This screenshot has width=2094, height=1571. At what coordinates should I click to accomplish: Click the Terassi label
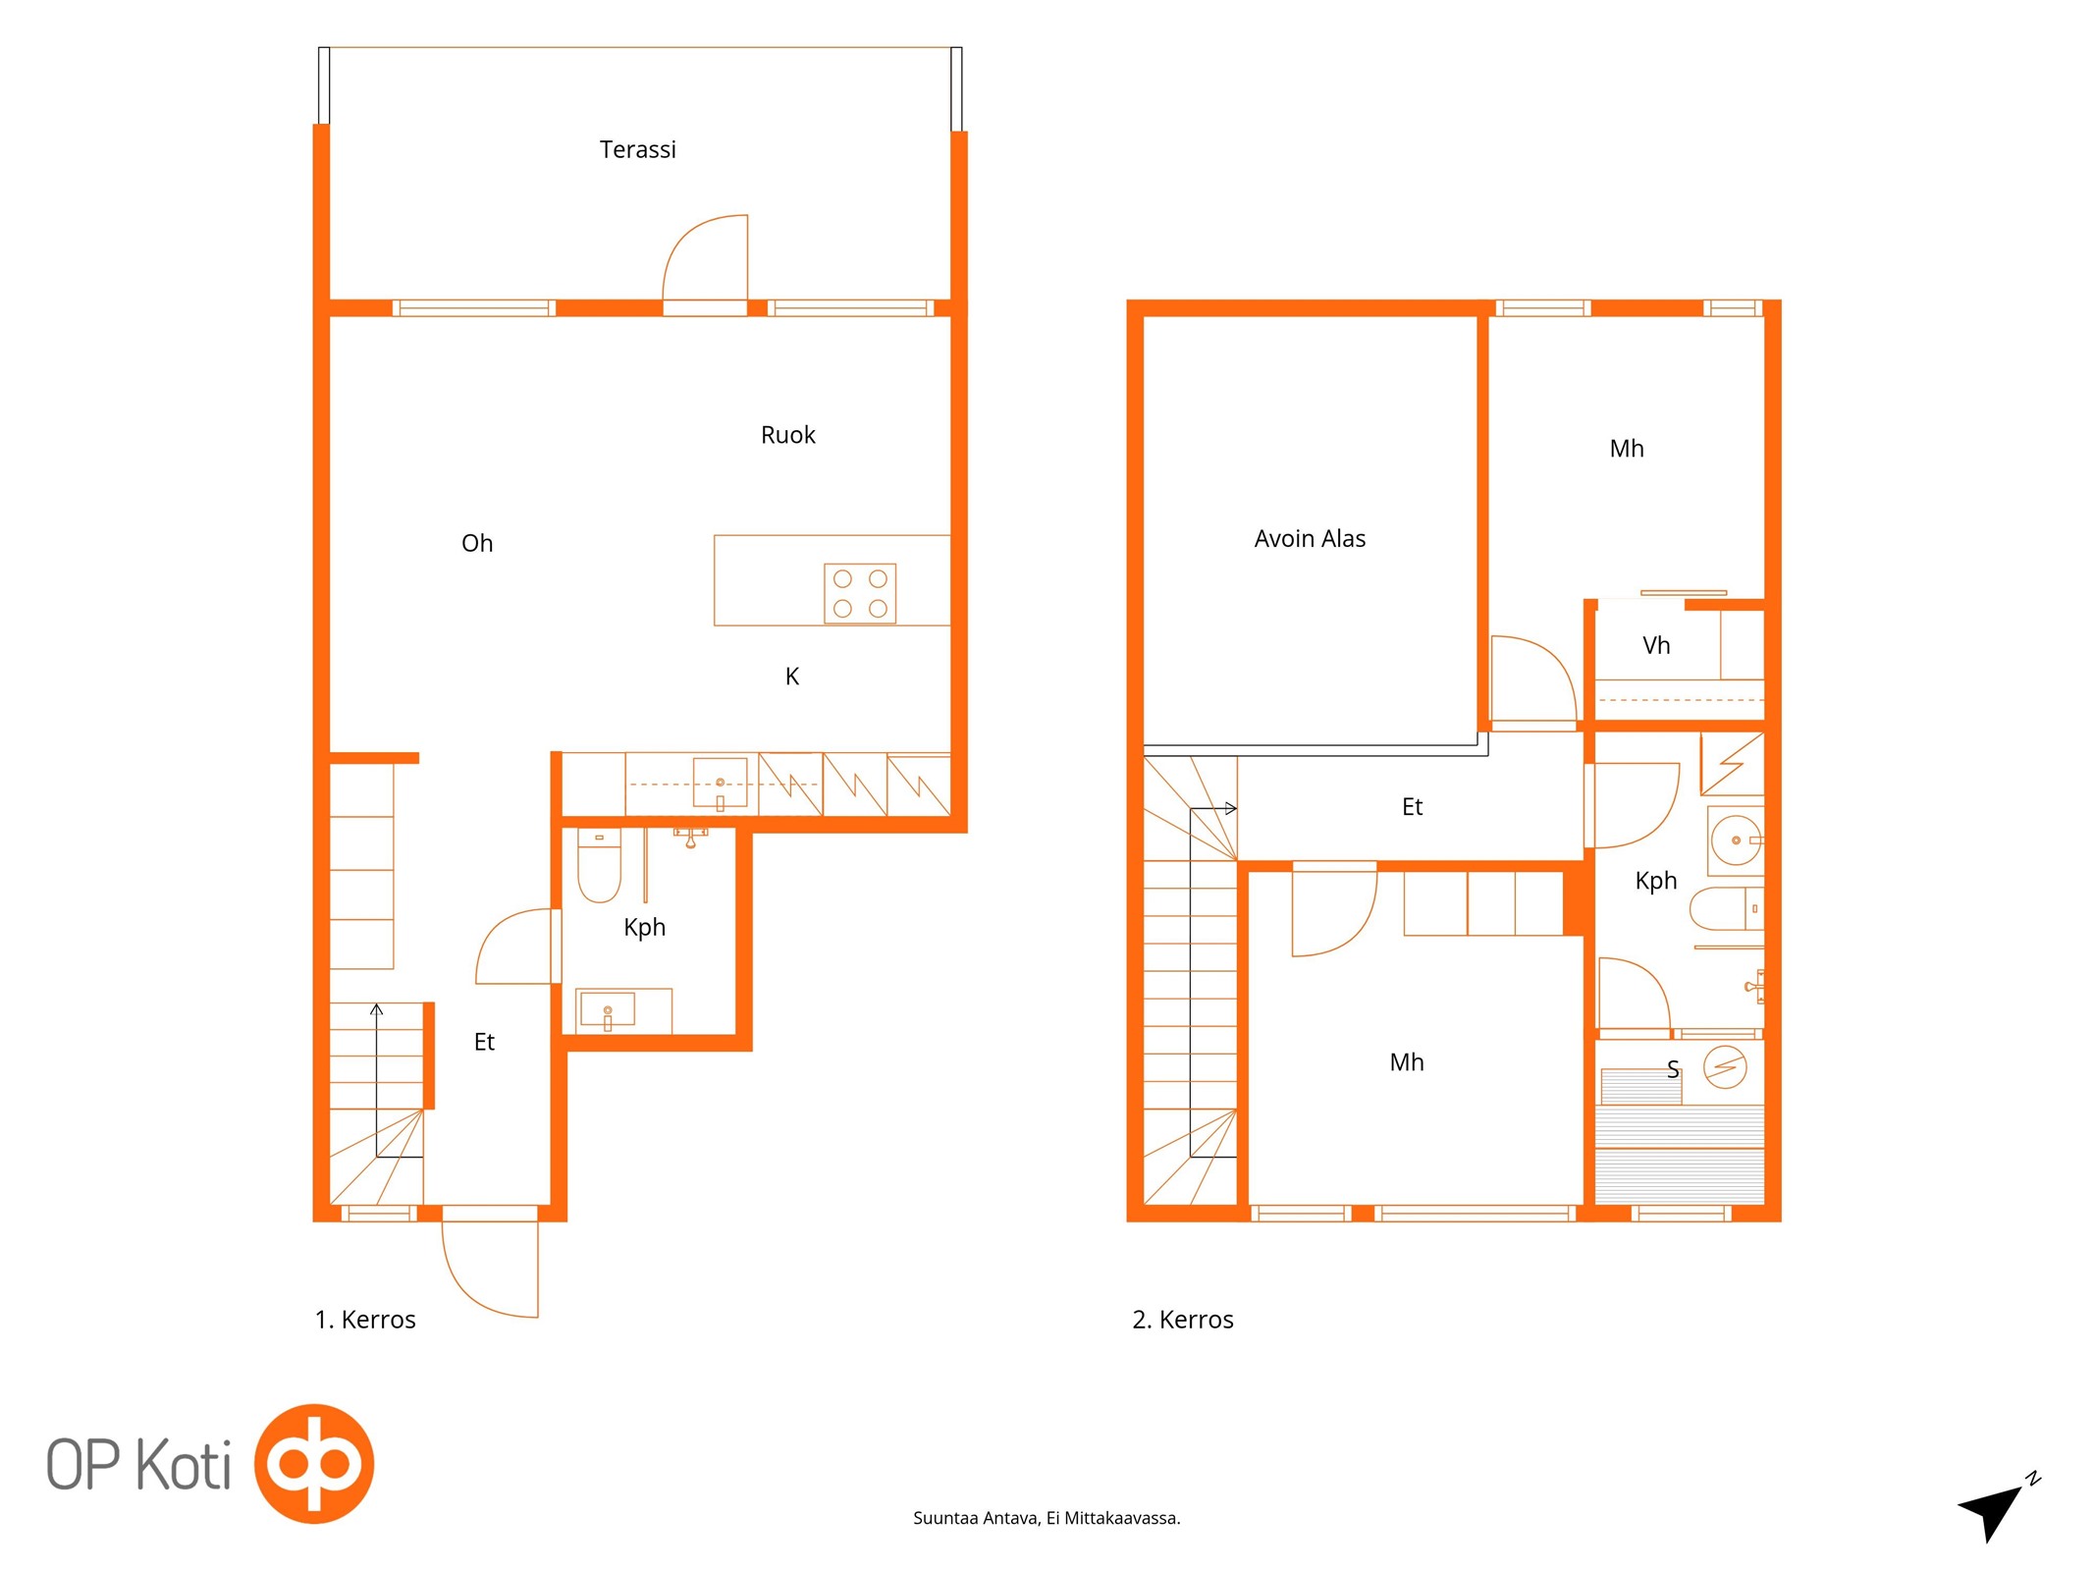[x=637, y=149]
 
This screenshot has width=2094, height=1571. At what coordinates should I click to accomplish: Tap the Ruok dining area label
[x=787, y=435]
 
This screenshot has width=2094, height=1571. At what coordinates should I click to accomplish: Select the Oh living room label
[x=477, y=543]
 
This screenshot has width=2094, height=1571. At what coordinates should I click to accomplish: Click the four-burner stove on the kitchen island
[x=860, y=593]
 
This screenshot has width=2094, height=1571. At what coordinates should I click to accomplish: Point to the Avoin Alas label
[x=1310, y=538]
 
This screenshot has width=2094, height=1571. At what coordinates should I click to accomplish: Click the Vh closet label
[x=1656, y=645]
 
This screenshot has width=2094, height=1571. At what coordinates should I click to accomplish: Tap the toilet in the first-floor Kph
[x=599, y=865]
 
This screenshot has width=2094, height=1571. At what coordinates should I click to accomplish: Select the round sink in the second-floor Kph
[x=1736, y=840]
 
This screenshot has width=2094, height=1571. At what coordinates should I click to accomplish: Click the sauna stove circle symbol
[x=1725, y=1067]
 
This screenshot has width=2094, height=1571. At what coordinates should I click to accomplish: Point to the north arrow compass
[x=1995, y=1510]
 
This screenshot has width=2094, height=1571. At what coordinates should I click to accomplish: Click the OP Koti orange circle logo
[x=314, y=1463]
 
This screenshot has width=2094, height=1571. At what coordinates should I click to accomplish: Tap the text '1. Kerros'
[x=365, y=1320]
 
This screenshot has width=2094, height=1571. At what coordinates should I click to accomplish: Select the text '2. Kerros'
[x=1183, y=1320]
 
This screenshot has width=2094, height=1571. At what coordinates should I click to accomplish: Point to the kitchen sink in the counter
[x=720, y=783]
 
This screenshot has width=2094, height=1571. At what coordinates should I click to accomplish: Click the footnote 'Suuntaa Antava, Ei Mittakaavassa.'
[x=1047, y=1518]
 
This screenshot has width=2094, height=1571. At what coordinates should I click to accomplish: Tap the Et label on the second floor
[x=1412, y=807]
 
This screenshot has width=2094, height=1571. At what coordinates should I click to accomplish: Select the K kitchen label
[x=792, y=677]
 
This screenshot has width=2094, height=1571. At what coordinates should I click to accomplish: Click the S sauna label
[x=1673, y=1069]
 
